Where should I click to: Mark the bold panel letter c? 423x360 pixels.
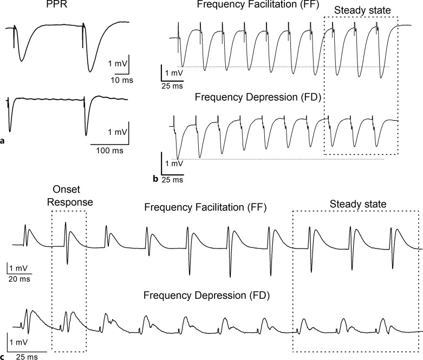[3, 356]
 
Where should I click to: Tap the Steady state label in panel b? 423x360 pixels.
[360, 10]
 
